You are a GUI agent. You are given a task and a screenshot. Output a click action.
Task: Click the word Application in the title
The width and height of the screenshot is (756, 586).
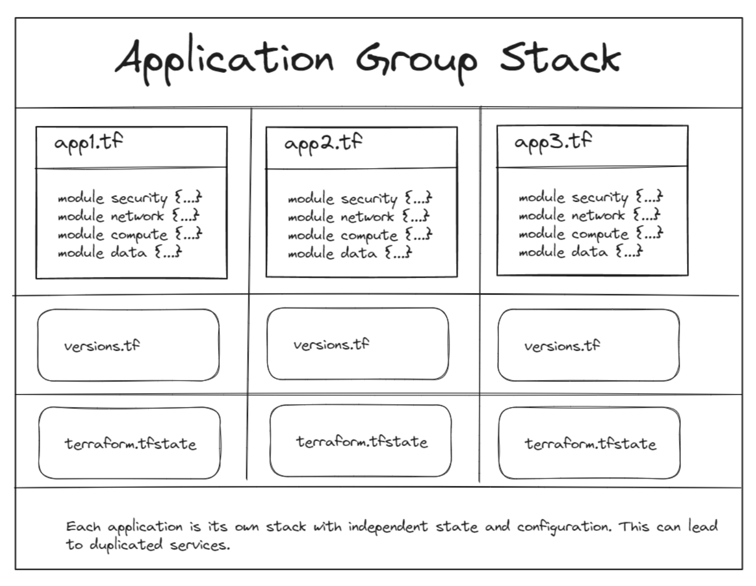tap(224, 59)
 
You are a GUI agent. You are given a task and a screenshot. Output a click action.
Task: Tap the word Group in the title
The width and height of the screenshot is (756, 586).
tap(417, 60)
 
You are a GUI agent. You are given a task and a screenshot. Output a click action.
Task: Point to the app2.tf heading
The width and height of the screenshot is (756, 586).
tap(323, 143)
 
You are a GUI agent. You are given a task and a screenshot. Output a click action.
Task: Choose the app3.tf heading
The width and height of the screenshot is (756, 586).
tap(553, 142)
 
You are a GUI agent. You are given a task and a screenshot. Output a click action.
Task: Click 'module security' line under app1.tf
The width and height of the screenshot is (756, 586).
tap(129, 198)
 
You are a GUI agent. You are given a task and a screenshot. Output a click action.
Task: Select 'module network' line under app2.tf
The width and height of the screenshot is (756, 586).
tap(359, 216)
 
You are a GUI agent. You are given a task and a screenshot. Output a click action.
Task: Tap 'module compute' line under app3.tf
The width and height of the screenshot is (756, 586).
tap(590, 234)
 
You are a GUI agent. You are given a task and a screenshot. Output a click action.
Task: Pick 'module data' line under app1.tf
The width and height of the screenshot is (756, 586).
tap(120, 253)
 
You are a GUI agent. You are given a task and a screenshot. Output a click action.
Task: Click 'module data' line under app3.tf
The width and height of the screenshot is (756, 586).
tap(580, 252)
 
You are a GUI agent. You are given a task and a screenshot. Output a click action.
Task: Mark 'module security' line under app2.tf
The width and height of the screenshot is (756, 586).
tap(360, 199)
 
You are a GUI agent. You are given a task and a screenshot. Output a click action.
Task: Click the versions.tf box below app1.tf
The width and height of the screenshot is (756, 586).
tap(128, 345)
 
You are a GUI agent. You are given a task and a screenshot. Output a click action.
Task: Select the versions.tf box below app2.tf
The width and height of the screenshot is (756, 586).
tap(358, 344)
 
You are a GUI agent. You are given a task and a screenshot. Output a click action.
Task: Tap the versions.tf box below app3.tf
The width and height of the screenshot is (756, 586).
tap(588, 345)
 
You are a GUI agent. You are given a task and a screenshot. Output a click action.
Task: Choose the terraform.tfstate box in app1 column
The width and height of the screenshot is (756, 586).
tap(129, 444)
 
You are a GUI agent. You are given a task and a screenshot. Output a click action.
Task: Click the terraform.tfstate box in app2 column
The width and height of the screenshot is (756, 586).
tap(361, 441)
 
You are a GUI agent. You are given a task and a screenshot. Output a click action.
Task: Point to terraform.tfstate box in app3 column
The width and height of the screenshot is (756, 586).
tap(589, 444)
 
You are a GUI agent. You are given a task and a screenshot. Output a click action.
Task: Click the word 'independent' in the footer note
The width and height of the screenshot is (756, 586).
tap(388, 526)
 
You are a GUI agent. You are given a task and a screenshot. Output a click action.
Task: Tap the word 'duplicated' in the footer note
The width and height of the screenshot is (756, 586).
tap(126, 545)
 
